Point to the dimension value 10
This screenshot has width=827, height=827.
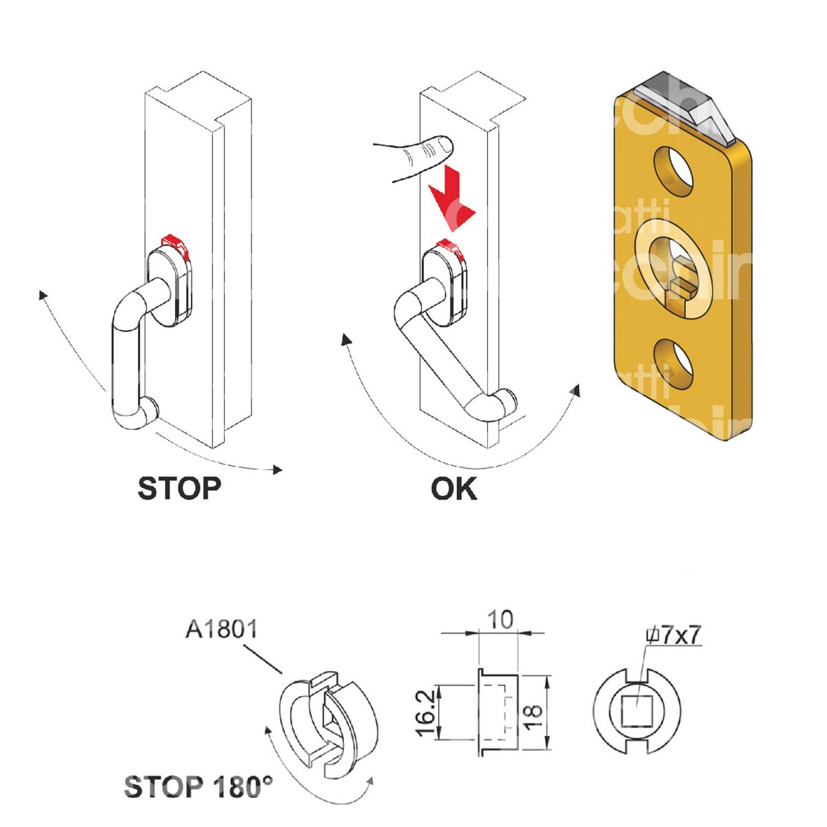502,620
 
